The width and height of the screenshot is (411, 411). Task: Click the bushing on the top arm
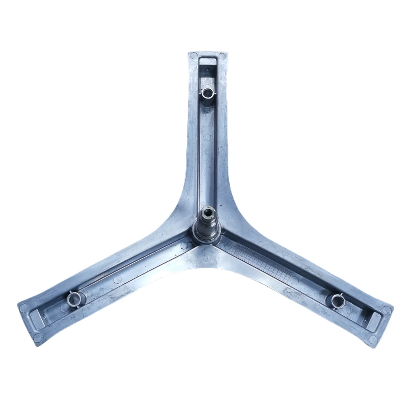(207, 92)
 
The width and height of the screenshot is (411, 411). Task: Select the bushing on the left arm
(73, 299)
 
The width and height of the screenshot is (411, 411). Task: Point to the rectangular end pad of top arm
(207, 61)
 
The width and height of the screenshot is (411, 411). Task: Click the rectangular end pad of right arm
(374, 320)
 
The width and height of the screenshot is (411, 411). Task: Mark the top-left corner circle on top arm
(194, 56)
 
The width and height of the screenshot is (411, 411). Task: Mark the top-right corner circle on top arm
(222, 56)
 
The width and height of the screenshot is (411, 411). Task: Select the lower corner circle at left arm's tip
(38, 338)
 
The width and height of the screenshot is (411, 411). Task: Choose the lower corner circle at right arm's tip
(373, 339)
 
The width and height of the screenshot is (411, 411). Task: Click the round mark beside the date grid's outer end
(294, 280)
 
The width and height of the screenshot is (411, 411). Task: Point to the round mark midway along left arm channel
(117, 279)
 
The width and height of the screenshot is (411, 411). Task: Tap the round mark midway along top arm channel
(207, 137)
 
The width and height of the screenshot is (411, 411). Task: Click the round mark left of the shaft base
(184, 246)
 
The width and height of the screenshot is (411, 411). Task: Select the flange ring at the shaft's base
(207, 236)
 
